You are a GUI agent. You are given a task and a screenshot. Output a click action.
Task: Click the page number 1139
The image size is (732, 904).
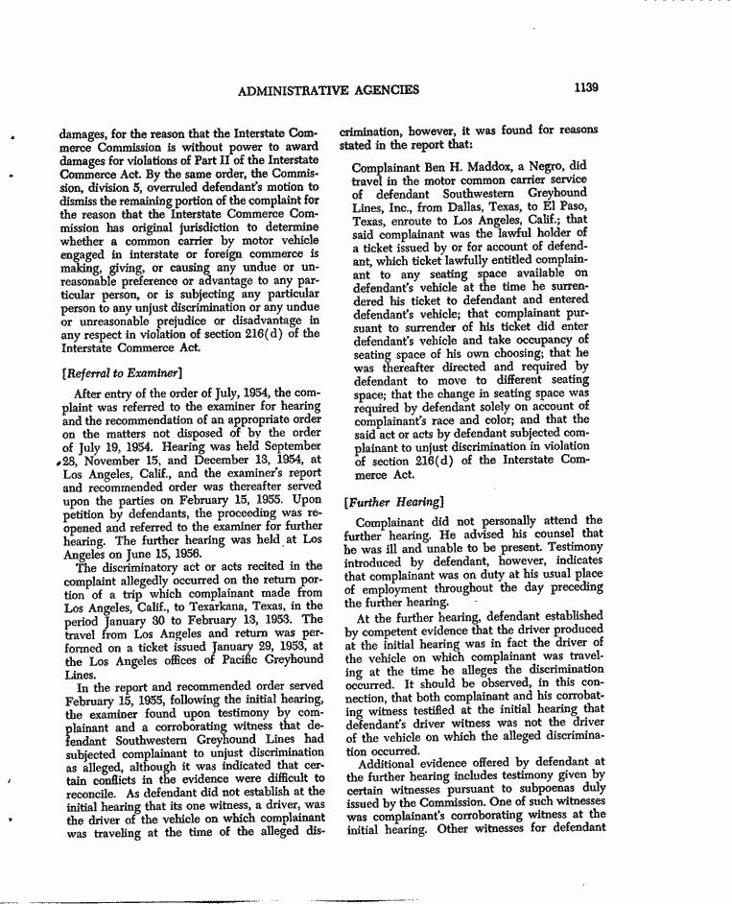[x=586, y=89]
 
